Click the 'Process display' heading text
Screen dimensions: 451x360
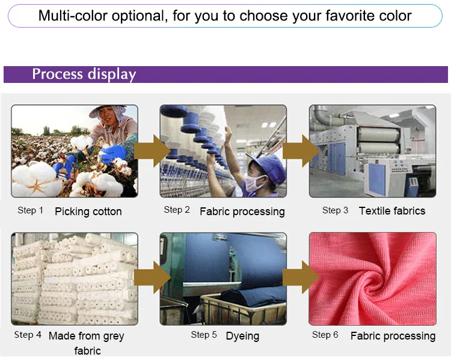(84, 74)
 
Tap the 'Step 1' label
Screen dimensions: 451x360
(31, 210)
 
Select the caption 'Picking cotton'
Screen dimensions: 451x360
(88, 212)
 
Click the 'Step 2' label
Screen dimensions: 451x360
(177, 210)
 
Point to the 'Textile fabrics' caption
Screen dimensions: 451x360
(392, 211)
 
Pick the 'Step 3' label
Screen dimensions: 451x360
(335, 210)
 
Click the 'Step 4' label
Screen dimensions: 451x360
(28, 335)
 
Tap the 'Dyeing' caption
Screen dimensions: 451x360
(242, 336)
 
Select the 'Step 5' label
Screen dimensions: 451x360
(204, 335)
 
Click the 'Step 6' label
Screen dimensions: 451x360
(325, 335)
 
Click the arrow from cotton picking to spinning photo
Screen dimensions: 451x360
(153, 151)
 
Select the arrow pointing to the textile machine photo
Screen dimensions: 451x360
(301, 151)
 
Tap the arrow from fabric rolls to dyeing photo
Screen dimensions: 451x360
(153, 278)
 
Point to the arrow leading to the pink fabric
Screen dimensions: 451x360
(301, 278)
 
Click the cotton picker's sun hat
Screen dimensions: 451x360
(108, 111)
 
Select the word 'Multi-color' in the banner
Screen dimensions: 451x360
(73, 16)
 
